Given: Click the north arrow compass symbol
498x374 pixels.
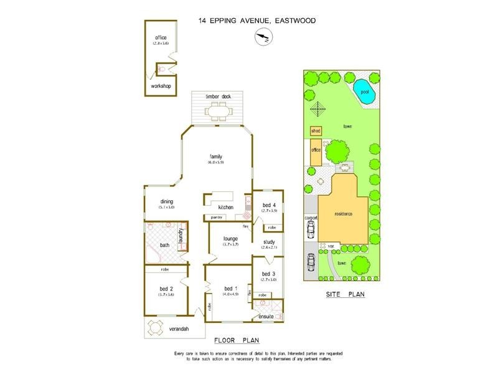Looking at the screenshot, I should pos(262,38).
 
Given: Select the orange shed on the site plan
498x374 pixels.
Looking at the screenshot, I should pos(316,132).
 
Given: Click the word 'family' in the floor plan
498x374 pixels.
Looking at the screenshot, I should pos(216,156).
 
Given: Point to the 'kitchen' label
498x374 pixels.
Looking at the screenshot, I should pos(225,207).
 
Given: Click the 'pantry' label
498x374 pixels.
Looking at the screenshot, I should pos(217,218).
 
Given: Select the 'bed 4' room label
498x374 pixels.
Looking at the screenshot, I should pos(269,206).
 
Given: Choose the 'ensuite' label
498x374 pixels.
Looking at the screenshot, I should pos(266,317).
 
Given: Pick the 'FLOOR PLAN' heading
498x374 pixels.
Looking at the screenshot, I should pos(236,340).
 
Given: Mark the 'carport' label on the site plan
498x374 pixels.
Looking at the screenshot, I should pos(311,218).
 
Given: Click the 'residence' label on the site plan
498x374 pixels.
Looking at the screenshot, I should pos(343,214).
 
